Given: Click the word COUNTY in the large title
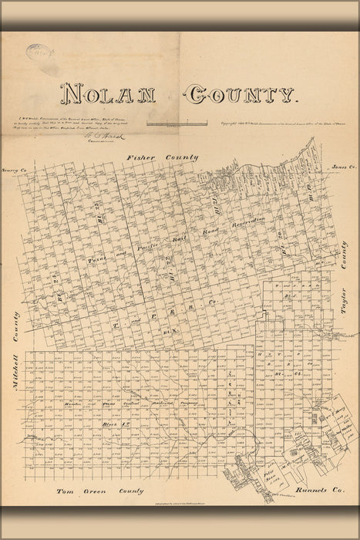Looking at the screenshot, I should click(x=241, y=95).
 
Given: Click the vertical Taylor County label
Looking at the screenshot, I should click(x=344, y=289).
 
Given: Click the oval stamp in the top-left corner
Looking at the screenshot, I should click(x=38, y=54).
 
